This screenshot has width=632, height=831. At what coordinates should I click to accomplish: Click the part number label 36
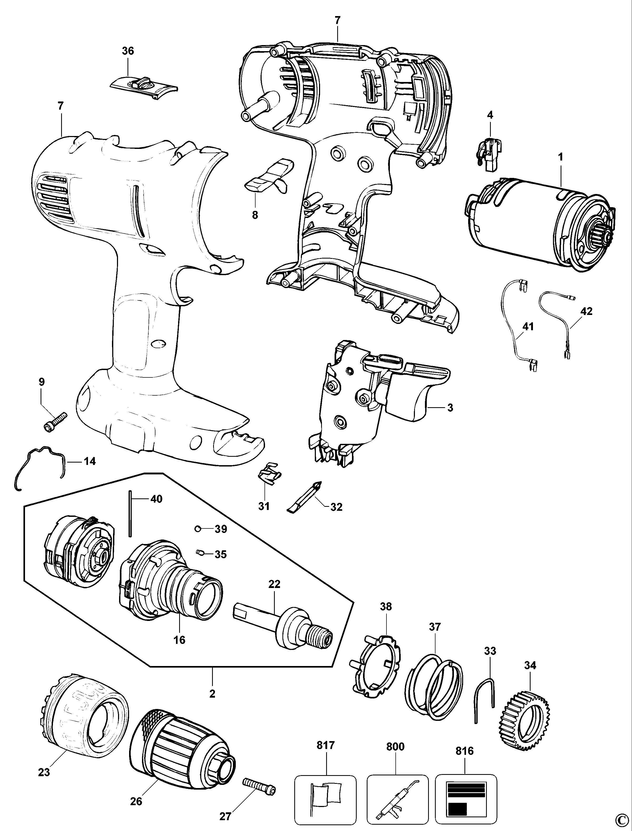click(128, 51)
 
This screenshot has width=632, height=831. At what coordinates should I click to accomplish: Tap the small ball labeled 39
click(198, 529)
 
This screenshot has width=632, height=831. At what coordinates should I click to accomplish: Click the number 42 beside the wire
click(586, 311)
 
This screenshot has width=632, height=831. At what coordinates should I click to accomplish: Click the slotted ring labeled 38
click(376, 666)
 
